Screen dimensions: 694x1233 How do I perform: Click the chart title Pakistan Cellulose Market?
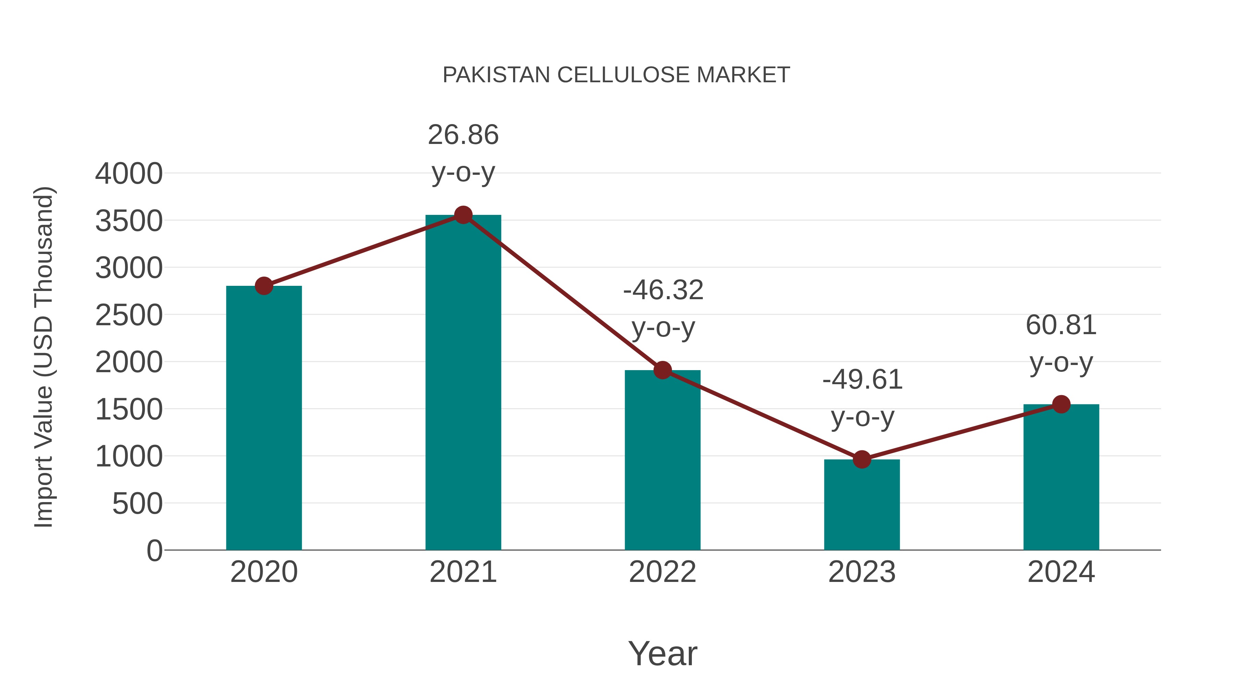pos(616,75)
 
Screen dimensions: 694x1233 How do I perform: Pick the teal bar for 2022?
pos(662,460)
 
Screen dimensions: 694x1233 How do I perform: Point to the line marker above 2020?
pos(264,286)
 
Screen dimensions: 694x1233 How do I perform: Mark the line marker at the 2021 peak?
pos(463,215)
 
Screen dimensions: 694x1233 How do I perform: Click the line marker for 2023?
pos(862,459)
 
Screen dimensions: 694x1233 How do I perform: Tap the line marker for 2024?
pos(1061,404)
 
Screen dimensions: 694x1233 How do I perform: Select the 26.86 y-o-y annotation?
pos(463,153)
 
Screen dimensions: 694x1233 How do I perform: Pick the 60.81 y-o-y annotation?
pos(1061,343)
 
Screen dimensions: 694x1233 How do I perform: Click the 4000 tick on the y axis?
pos(129,173)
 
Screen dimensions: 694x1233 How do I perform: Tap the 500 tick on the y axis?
pos(137,504)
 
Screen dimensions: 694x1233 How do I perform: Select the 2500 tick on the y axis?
pos(129,315)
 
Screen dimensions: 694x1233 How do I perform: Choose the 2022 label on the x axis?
pos(662,572)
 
